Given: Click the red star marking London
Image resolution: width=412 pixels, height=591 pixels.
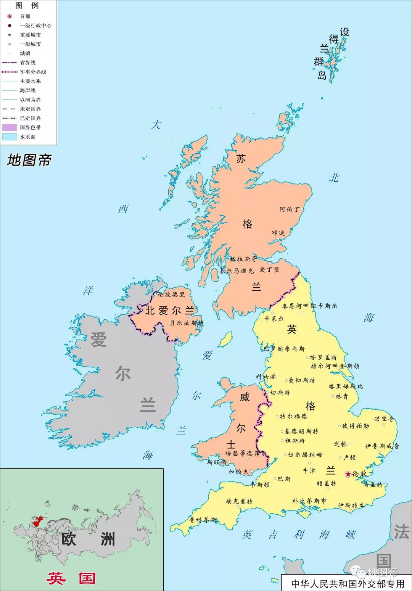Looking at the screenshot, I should point(348,474).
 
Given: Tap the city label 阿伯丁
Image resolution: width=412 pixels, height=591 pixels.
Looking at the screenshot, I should point(290,209).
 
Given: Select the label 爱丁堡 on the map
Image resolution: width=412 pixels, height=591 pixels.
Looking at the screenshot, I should point(269,270).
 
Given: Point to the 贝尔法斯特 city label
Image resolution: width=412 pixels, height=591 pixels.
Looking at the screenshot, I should point(187,323).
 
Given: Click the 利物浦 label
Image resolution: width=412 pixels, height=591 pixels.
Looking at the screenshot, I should point(266,377).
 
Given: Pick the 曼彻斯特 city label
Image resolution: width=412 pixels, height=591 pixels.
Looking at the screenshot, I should point(302,380).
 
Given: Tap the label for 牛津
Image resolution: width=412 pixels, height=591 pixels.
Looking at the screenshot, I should point(309,470).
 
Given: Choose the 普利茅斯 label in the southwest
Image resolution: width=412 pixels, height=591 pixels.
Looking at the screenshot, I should point(203,520).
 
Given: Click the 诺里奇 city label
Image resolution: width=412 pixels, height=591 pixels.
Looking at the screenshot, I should point(384,419).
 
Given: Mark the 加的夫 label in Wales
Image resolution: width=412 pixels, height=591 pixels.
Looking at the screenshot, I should point(238,472).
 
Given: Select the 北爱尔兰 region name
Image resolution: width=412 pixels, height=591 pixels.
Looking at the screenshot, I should point(169,311).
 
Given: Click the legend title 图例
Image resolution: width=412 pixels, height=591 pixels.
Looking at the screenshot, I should point(27,6).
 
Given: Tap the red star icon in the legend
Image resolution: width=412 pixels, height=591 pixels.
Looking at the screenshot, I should point(10,16).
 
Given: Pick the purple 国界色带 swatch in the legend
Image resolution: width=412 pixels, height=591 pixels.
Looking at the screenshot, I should point(10,127).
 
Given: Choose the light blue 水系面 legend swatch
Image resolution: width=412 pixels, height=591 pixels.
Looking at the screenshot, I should point(10,137).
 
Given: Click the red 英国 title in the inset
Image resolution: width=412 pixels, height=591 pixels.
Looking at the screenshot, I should point(71,578).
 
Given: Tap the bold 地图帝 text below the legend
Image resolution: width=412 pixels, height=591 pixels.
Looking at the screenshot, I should point(29,160).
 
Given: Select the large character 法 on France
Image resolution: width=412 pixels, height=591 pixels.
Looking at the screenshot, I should point(401,532).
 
